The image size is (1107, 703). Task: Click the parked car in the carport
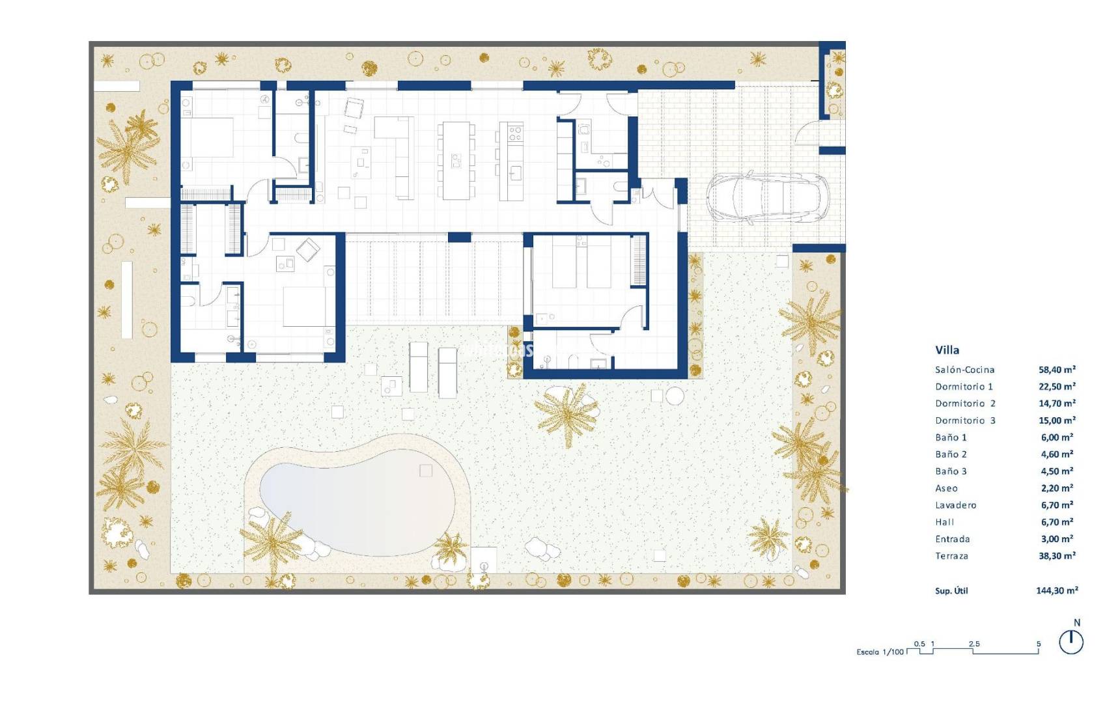coord(767,197)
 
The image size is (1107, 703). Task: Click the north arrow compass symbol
coord(1071,642)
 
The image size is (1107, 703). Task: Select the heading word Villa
coord(947,350)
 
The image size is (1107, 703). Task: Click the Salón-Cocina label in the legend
coord(964,370)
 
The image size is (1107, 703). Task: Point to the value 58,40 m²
coord(1057,370)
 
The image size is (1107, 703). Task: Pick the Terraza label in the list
coord(951,556)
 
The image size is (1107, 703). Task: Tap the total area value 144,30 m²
coord(1057,590)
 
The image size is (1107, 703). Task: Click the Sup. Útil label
coord(951,590)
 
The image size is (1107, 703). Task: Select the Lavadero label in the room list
coord(955,505)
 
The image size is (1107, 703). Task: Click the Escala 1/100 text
coord(880,652)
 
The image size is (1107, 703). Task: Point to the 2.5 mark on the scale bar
coord(974,644)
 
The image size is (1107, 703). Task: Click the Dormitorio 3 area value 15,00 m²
coord(1057,420)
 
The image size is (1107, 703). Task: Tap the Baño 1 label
coord(951,437)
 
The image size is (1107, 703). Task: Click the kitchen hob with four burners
coord(515,133)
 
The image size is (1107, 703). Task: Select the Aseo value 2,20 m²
coord(1057,488)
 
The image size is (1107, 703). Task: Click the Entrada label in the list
coord(952,539)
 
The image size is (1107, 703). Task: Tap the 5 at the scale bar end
coord(1039,644)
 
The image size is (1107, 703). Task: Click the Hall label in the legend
coord(944,522)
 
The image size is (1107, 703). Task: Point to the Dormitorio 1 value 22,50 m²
coord(1057,387)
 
